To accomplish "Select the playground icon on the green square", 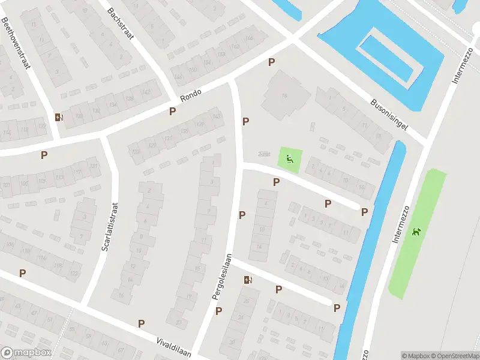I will click(290, 159).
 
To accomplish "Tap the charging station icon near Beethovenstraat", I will click(58, 118).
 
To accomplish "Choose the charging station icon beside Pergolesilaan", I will click(248, 279).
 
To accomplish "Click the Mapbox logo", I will click(26, 352).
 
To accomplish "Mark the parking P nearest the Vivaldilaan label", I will click(141, 323).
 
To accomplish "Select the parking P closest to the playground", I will click(276, 182).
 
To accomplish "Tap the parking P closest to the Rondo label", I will click(173, 111).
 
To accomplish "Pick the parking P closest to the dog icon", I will click(364, 212).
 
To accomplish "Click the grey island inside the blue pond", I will click(386, 59).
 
